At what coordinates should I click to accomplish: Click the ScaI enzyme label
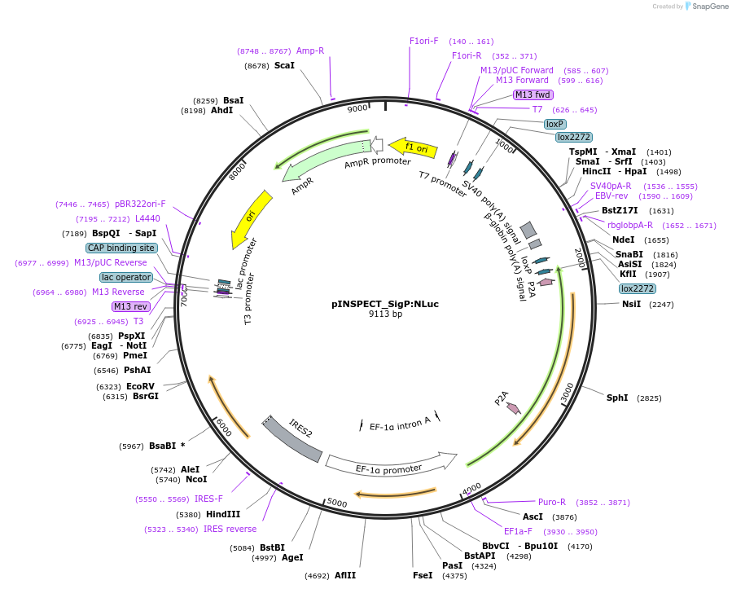pos(284,65)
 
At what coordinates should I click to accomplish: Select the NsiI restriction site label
pos(632,304)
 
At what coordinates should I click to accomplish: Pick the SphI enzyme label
pos(617,398)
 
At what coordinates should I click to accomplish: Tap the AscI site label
pos(533,516)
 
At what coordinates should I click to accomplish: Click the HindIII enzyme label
pos(222,514)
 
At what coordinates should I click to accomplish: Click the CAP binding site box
pos(121,248)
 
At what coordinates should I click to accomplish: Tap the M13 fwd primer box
pos(533,95)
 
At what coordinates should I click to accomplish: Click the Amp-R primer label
pos(310,51)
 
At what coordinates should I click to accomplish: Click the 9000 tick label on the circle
pos(357,109)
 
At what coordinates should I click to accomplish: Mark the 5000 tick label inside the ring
pos(337,503)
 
